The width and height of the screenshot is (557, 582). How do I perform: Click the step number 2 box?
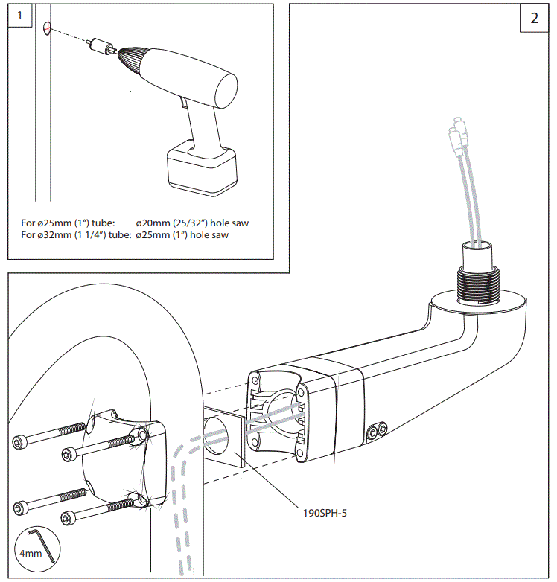click(x=534, y=19)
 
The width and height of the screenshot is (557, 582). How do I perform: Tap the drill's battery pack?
click(x=202, y=170)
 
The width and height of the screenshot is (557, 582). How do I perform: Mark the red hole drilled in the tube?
click(x=47, y=30)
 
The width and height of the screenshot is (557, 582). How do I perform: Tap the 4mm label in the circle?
click(x=31, y=554)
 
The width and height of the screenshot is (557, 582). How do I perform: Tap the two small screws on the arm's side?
click(x=377, y=429)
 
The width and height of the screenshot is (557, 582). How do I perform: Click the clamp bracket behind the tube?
click(x=120, y=458)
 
